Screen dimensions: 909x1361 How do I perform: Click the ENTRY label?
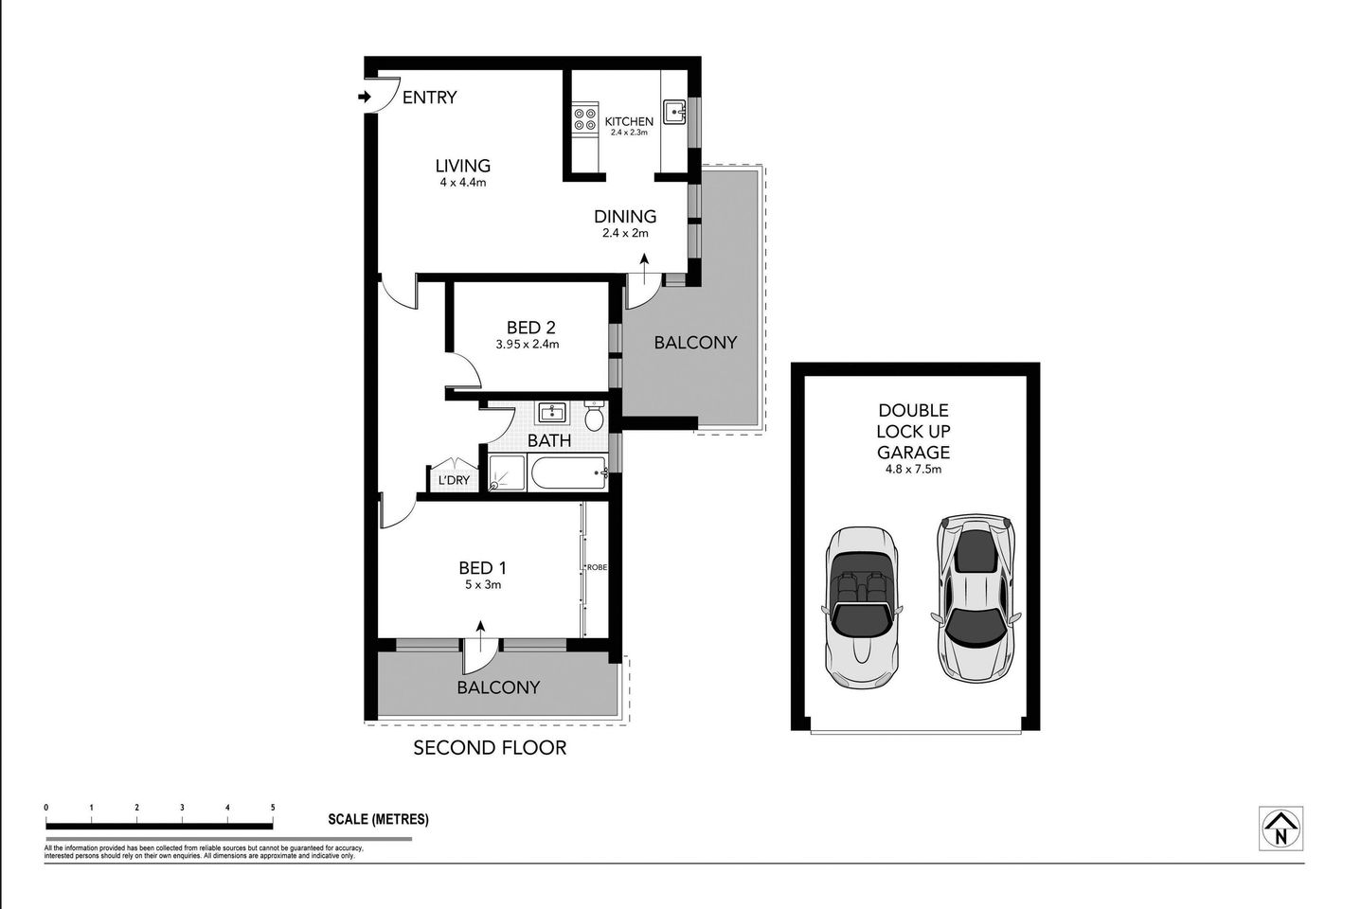[x=429, y=98]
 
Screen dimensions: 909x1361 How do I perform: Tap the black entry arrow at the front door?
[x=366, y=97]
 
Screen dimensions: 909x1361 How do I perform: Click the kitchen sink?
[x=675, y=112]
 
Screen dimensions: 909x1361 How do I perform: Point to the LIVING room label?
[x=463, y=166]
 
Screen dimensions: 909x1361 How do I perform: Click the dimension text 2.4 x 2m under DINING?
[x=625, y=233]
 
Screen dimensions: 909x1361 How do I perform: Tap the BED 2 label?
[x=529, y=328]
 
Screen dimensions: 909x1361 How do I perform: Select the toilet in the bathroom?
[x=595, y=417]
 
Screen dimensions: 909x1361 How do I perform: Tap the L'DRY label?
[x=453, y=480]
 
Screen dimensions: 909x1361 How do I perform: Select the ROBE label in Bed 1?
[x=597, y=567]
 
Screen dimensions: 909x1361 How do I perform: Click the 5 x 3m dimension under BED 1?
[x=481, y=584]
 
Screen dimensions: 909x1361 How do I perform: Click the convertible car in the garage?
[x=861, y=606]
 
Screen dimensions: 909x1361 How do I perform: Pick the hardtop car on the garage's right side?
[x=976, y=598]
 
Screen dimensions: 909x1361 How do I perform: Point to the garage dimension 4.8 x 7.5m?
[x=913, y=469]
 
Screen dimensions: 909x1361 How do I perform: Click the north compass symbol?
[x=1280, y=829]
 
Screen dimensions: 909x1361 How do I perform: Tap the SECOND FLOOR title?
[x=490, y=748]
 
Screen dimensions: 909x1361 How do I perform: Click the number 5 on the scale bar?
[x=273, y=808]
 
